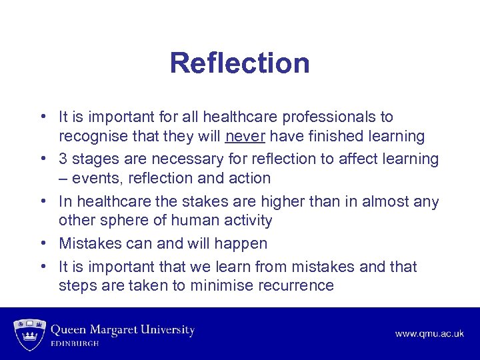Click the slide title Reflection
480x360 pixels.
pos(239,63)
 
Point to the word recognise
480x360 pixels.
pos(92,137)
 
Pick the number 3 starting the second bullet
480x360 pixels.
pos(63,159)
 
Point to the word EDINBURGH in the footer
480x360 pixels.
pos(75,344)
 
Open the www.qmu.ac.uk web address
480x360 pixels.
pos(430,333)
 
